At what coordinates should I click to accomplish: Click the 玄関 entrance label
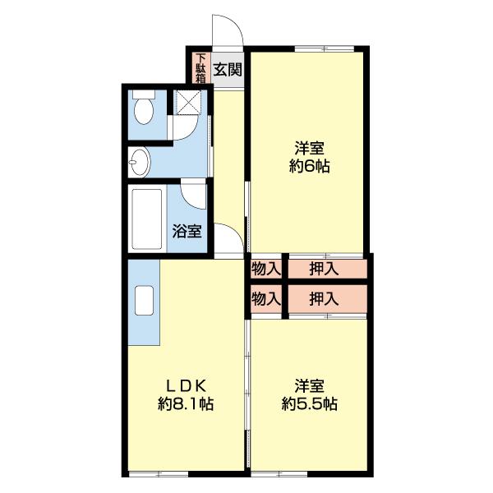point(228,70)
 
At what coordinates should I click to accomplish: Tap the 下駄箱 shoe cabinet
point(200,69)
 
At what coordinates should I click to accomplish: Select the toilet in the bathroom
point(144,108)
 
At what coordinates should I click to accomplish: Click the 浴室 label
point(187,231)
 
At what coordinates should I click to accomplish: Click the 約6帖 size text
point(310,167)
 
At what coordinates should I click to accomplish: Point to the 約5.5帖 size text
point(310,403)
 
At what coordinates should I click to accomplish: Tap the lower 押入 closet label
point(325,300)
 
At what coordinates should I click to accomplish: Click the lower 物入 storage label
point(265,300)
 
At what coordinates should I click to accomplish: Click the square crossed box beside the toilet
point(189,103)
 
